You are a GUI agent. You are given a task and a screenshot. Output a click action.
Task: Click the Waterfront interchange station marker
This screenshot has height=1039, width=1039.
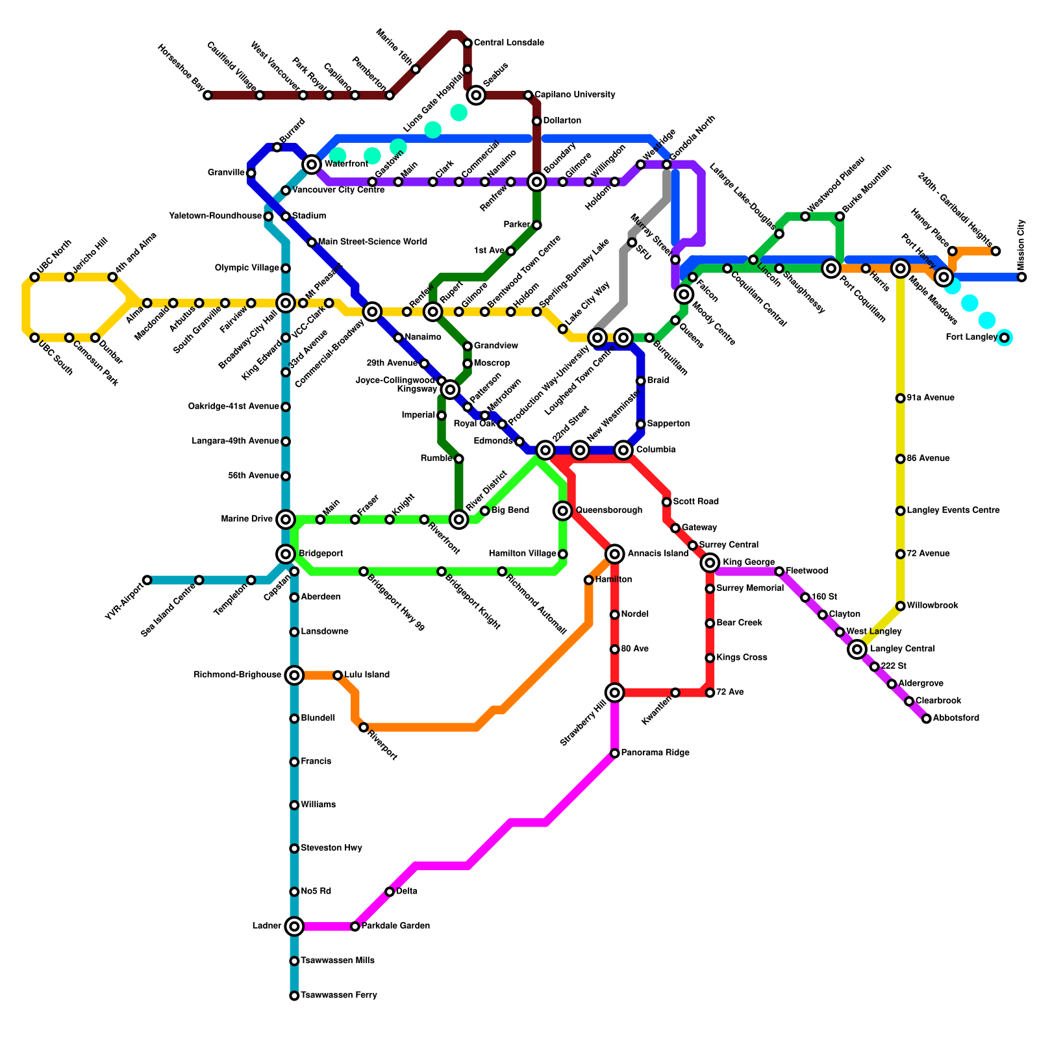312,164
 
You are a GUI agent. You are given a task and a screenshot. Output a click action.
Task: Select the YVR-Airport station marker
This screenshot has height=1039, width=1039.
147,580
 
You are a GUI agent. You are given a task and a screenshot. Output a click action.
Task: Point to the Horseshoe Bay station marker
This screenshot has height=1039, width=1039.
208,95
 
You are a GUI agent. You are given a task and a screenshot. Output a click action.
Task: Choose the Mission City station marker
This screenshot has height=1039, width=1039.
1021,277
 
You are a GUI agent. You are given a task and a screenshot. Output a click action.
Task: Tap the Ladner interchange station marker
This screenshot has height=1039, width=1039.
294,926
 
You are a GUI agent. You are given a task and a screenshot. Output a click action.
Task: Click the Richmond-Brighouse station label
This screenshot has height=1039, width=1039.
237,675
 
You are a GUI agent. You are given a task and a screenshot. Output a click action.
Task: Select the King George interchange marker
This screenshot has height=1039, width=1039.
710,562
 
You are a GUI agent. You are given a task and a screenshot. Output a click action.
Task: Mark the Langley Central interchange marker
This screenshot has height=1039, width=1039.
857,649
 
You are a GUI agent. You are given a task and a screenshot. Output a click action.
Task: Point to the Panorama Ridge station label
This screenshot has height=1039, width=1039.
655,753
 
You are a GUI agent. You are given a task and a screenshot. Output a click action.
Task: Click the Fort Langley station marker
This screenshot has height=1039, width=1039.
1005,338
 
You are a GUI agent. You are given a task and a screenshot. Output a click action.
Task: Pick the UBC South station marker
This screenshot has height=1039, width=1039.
34,338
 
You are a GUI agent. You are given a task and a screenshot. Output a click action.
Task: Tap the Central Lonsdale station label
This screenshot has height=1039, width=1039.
508,43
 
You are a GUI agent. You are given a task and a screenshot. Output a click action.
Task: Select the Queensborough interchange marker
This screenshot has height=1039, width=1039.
563,510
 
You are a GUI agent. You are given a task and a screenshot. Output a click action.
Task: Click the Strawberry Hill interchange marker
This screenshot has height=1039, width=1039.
614,693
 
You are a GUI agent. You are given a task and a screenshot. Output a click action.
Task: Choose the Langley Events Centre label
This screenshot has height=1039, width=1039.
953,510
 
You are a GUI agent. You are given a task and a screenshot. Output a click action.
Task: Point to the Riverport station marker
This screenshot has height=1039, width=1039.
364,727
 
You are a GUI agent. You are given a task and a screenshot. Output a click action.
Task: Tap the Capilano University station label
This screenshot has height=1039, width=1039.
575,95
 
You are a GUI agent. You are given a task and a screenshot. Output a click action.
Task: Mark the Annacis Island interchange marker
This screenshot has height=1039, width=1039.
615,554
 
